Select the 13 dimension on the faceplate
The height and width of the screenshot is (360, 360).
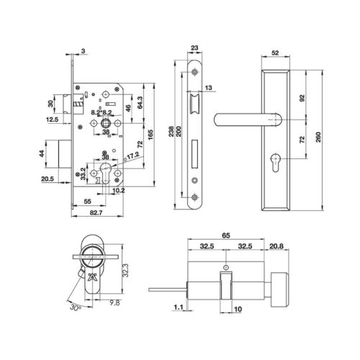(x=207, y=88)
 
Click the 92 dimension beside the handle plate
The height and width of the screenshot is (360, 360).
(x=302, y=96)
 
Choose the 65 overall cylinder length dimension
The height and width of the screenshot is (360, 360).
(x=225, y=235)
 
